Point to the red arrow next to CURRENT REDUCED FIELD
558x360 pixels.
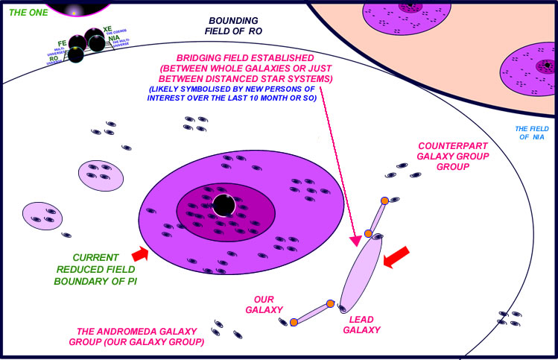140,255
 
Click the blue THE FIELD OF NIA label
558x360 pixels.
532,133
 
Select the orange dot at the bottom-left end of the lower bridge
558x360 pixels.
294,322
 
